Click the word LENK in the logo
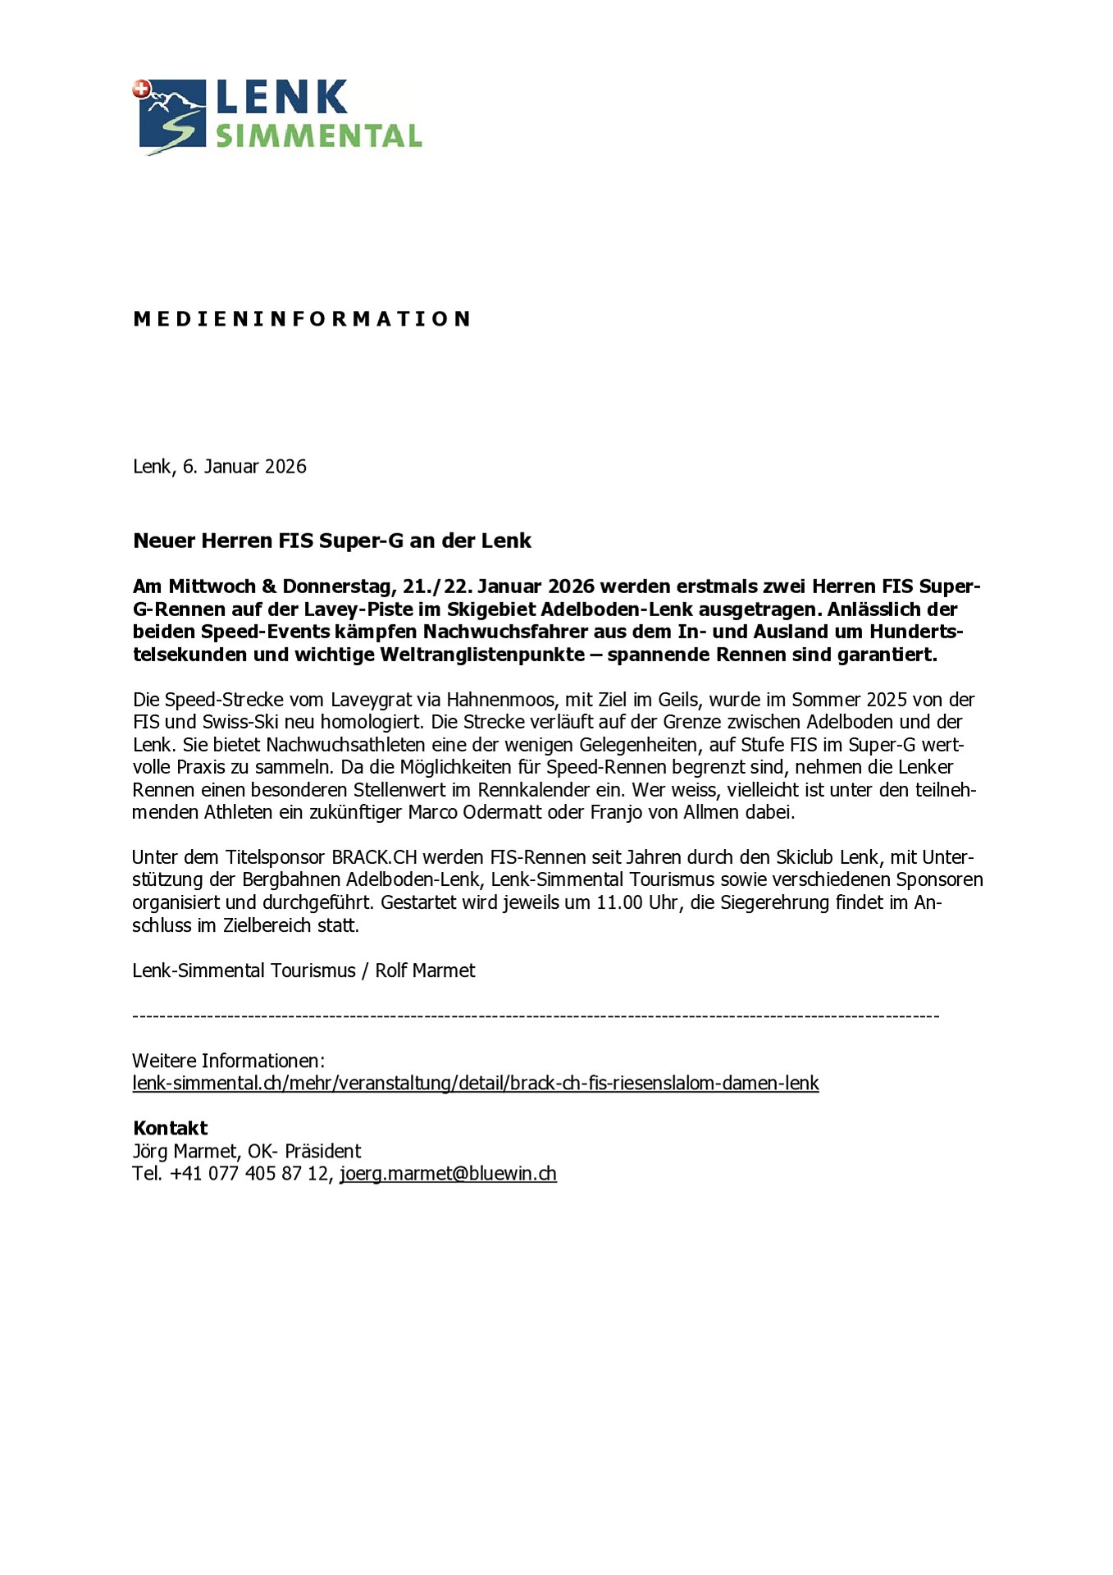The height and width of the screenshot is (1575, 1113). pyautogui.click(x=281, y=98)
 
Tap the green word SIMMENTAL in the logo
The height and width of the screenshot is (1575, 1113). pyautogui.click(x=318, y=136)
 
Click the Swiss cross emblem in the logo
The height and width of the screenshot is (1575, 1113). pyautogui.click(x=141, y=89)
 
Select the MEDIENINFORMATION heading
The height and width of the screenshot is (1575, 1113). pyautogui.click(x=302, y=318)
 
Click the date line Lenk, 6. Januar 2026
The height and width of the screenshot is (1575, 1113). pyautogui.click(x=220, y=467)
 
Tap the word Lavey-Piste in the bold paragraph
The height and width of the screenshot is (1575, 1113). pyautogui.click(x=358, y=609)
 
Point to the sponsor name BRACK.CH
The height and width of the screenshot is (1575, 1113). pyautogui.click(x=374, y=858)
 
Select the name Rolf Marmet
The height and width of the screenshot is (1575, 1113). pyautogui.click(x=425, y=971)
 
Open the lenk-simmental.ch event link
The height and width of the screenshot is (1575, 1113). pyautogui.click(x=476, y=1084)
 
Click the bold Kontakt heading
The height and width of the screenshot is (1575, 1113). pyautogui.click(x=171, y=1129)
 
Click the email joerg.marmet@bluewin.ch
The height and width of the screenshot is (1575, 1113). pyautogui.click(x=449, y=1174)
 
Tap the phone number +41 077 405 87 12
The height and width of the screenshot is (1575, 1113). pyautogui.click(x=249, y=1174)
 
